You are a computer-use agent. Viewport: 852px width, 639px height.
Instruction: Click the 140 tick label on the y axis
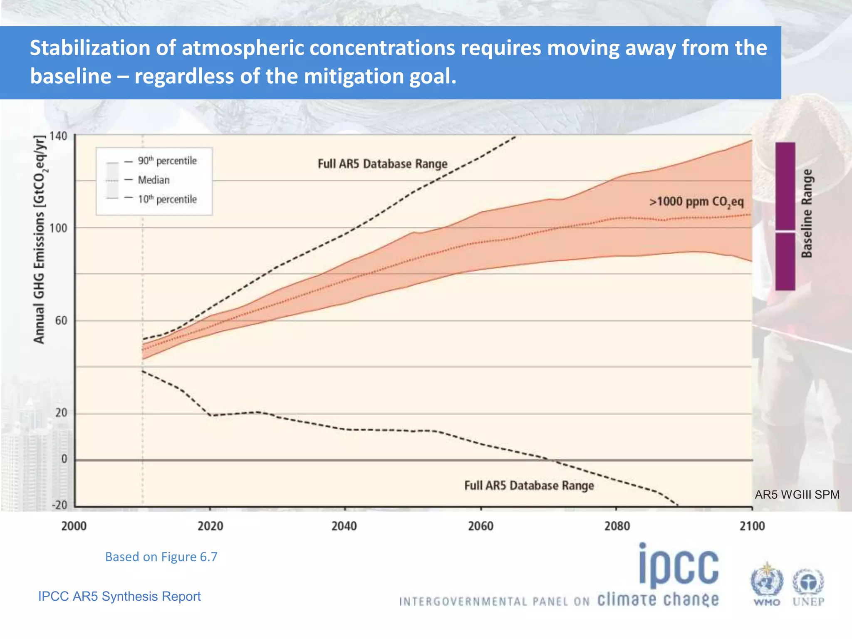(58, 136)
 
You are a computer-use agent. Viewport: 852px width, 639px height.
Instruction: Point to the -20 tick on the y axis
(59, 505)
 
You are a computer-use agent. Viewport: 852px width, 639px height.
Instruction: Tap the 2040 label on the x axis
(344, 526)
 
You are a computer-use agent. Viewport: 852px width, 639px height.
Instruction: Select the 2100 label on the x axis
(752, 526)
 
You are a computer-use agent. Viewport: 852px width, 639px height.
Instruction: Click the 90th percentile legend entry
(167, 161)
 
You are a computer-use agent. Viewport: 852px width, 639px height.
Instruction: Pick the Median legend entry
(154, 180)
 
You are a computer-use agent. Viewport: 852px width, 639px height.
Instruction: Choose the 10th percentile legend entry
(167, 199)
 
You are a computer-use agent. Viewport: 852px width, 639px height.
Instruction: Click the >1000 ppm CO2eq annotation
(696, 202)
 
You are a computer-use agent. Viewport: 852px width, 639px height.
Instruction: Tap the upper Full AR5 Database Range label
(382, 164)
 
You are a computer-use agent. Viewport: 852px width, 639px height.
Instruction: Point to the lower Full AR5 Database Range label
(529, 486)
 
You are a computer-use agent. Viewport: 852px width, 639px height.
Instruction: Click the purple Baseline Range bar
(785, 216)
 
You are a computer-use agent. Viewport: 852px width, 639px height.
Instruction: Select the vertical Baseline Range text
(807, 214)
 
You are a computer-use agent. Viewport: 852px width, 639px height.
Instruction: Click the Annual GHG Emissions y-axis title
(40, 240)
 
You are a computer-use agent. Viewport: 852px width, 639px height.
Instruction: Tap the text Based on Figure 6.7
(161, 557)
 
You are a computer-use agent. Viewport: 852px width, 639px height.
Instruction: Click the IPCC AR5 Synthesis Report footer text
(119, 596)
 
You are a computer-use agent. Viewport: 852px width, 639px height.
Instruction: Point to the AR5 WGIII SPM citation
(797, 495)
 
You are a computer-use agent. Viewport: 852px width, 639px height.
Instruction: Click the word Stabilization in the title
(90, 48)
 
